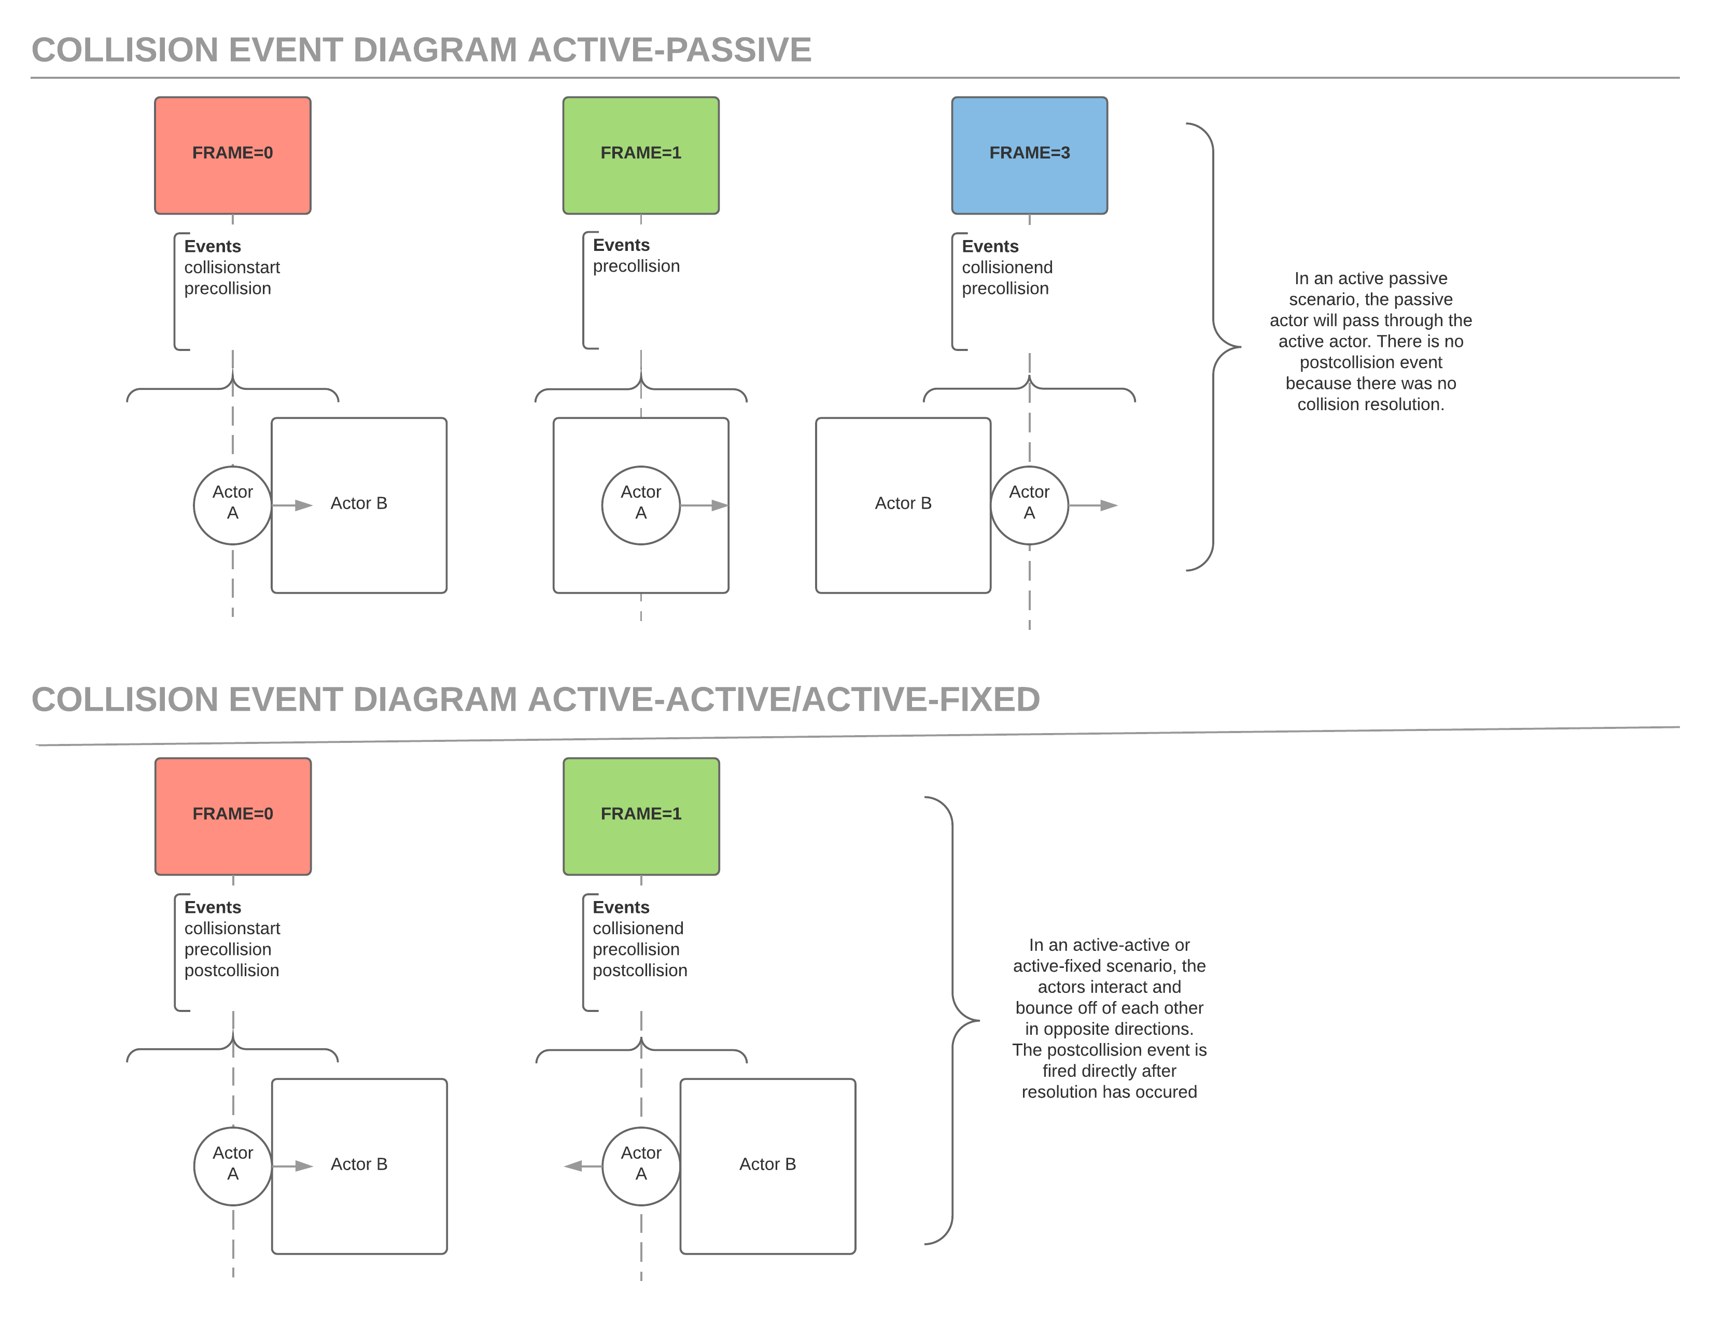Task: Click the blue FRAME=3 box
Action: tap(1029, 154)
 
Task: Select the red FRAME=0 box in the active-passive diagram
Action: tap(233, 154)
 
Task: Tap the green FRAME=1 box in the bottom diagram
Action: tap(641, 815)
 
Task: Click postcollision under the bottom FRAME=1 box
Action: tap(639, 971)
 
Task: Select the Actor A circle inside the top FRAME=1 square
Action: tap(641, 505)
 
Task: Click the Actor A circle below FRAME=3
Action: tap(1029, 505)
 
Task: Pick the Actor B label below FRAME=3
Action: tap(903, 503)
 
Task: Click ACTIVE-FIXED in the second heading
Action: tap(921, 699)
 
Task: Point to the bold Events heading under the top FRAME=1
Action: tap(621, 245)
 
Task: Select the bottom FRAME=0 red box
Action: tap(233, 815)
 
